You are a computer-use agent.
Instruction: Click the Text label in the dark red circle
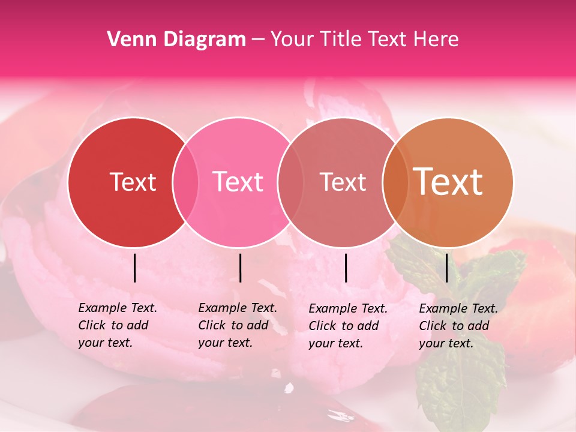pyautogui.click(x=133, y=182)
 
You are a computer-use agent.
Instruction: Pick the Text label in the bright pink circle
pyautogui.click(x=238, y=182)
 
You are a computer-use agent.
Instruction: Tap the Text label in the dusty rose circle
pyautogui.click(x=343, y=182)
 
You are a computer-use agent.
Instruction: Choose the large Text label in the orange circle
pyautogui.click(x=448, y=182)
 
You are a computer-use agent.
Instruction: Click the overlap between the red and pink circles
pyautogui.click(x=185, y=182)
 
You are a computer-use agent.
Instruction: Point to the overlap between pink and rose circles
pyautogui.click(x=290, y=182)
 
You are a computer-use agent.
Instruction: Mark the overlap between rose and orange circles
pyautogui.click(x=395, y=182)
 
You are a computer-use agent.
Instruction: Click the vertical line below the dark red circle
pyautogui.click(x=135, y=268)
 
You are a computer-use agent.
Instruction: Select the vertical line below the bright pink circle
pyautogui.click(x=240, y=268)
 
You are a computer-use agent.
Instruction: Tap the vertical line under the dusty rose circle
pyautogui.click(x=346, y=268)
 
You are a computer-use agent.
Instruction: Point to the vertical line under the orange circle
pyautogui.click(x=447, y=268)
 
